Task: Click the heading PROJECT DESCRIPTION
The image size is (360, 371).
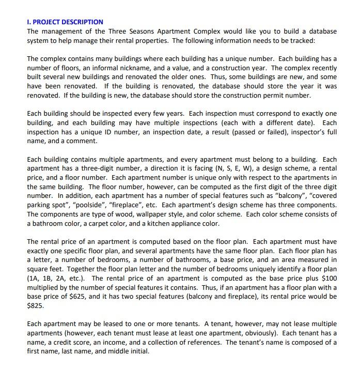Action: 67,22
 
